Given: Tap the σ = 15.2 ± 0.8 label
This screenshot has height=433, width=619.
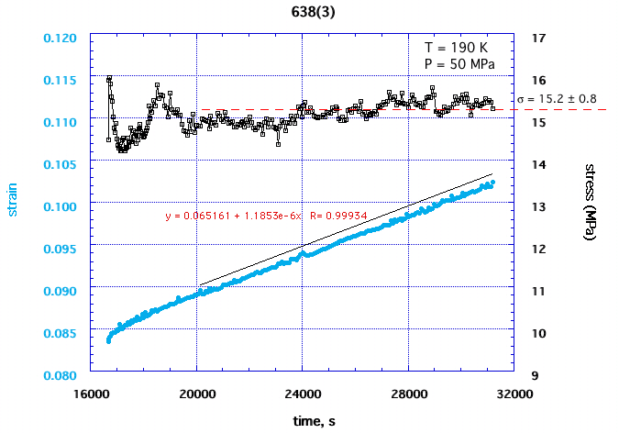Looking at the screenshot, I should (x=557, y=98).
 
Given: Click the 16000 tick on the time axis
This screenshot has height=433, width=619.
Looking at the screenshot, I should (x=91, y=394).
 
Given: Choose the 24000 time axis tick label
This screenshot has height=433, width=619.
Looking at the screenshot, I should (x=303, y=394).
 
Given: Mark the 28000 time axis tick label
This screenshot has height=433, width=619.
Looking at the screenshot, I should (x=408, y=394).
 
